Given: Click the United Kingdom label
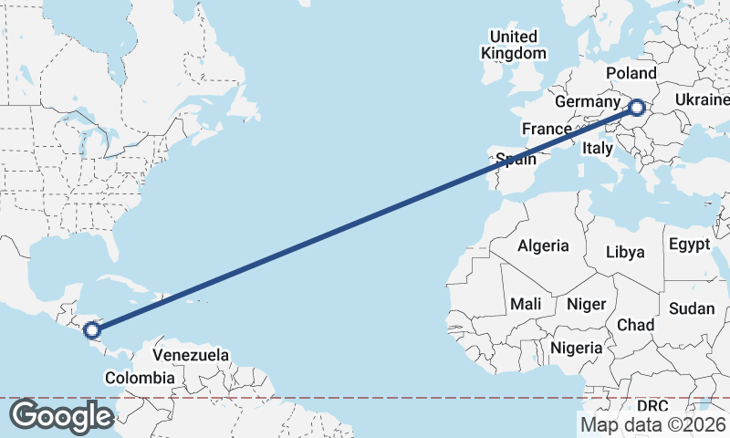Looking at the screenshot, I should (x=513, y=45).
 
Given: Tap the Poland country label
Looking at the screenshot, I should (x=631, y=73).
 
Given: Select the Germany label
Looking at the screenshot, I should (x=587, y=101).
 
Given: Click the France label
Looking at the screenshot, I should (x=546, y=129).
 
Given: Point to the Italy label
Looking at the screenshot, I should (x=598, y=148).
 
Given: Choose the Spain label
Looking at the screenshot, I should (x=516, y=160).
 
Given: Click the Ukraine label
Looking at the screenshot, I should (x=703, y=99).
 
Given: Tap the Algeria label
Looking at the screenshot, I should (x=543, y=245).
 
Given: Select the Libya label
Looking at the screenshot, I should (x=625, y=252).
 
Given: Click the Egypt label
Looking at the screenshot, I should (x=689, y=245).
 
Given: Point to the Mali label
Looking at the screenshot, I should (x=526, y=304).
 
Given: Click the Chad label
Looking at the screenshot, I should (x=635, y=325).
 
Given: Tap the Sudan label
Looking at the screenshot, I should (x=691, y=308).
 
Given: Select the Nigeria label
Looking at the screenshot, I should (x=576, y=348).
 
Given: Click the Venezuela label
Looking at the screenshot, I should (x=191, y=354).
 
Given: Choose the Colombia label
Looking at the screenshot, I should (x=139, y=378).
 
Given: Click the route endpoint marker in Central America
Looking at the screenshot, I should (x=91, y=330).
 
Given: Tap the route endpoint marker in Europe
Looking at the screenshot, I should (x=636, y=109).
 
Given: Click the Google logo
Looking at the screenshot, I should (x=61, y=416).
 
